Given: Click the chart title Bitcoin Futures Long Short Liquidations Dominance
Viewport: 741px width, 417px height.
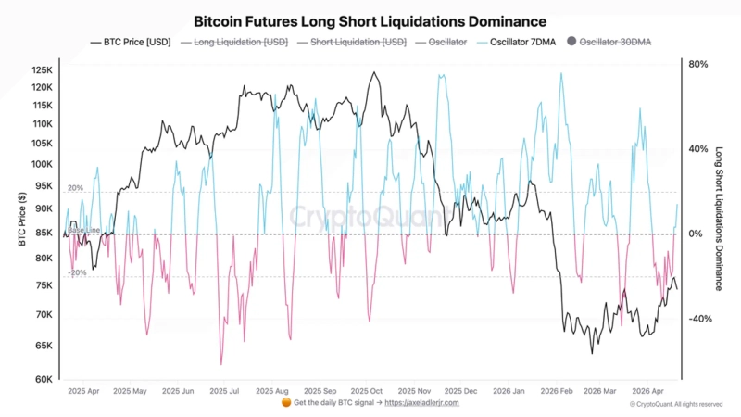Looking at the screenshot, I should (370, 20).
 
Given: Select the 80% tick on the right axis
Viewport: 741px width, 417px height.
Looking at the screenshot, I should (699, 64).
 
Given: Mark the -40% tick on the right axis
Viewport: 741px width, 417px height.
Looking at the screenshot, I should (698, 319).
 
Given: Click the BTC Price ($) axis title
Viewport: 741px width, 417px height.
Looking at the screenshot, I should (20, 221).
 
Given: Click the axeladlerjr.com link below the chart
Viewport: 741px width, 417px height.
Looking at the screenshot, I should (421, 403).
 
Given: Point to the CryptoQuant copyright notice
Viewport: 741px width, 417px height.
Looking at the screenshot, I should (676, 404).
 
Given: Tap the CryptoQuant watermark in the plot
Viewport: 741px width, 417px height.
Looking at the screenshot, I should (370, 216).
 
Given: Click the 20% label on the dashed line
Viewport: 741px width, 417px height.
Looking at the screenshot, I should (76, 188).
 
